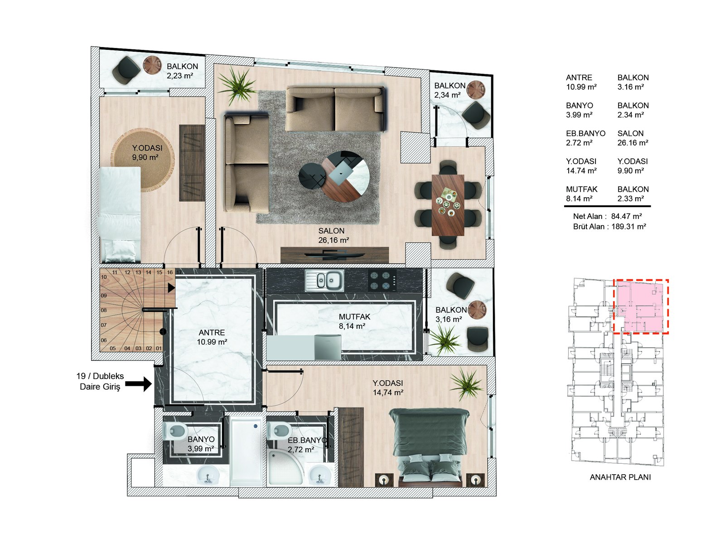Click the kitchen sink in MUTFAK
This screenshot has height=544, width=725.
[x=324, y=280]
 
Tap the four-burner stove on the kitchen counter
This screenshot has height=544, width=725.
[x=382, y=280]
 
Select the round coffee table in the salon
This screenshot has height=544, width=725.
[x=345, y=177]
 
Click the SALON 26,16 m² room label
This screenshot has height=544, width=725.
[x=333, y=236]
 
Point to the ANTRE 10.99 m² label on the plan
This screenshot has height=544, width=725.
[x=212, y=337]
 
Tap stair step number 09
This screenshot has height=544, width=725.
[x=104, y=296]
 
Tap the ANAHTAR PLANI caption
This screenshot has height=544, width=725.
[x=620, y=477]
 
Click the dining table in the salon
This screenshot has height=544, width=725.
[x=448, y=205]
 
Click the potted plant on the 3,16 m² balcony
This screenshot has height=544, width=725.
[x=445, y=340]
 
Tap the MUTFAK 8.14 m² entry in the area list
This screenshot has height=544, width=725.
[x=581, y=194]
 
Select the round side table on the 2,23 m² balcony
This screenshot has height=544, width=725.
[x=152, y=65]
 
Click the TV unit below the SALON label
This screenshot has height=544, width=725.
[x=334, y=255]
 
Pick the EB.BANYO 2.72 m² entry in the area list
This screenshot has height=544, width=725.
[x=585, y=138]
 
